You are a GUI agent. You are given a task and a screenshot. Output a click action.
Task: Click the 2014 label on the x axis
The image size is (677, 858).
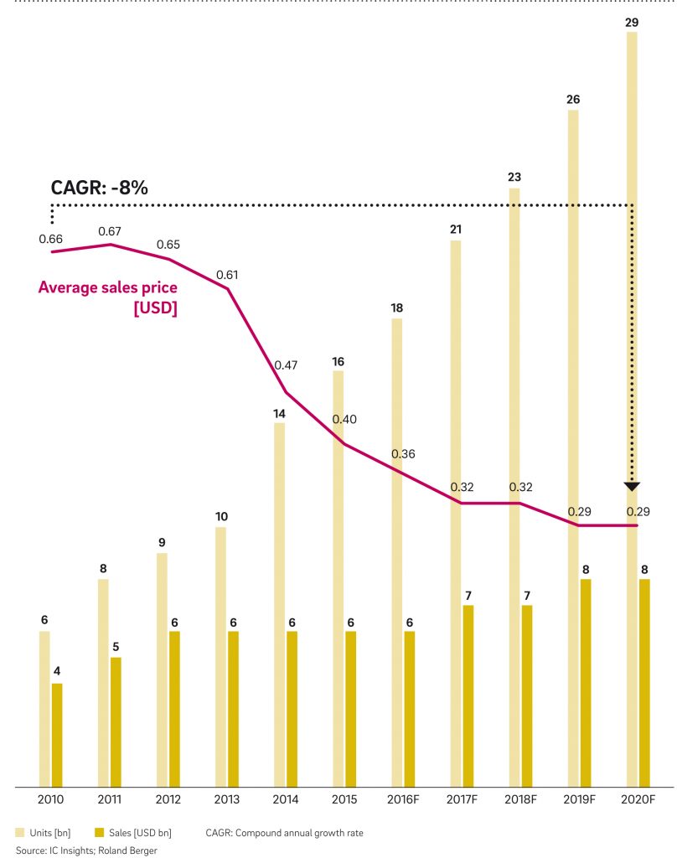[x=286, y=800]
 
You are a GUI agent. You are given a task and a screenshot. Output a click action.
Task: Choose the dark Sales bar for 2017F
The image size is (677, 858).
[x=468, y=695]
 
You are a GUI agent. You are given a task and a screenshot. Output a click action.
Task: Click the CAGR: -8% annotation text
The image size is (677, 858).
[x=100, y=188]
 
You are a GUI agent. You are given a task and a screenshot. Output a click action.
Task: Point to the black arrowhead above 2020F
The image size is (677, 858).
[x=632, y=486]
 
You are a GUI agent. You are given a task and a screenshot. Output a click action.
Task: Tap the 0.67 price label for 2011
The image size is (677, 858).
[x=111, y=231]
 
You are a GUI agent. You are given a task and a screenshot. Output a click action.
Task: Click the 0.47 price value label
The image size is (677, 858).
[x=287, y=365]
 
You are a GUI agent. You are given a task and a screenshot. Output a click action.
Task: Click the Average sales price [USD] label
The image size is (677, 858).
[x=108, y=297]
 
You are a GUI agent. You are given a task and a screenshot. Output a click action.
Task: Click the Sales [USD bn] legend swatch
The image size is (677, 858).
[x=99, y=833]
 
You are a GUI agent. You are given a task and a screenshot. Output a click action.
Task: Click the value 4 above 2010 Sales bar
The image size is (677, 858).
[x=57, y=672]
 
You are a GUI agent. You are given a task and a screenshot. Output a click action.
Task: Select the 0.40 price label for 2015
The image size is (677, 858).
[x=345, y=419]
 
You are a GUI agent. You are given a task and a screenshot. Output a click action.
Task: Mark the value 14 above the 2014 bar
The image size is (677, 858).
[x=280, y=413]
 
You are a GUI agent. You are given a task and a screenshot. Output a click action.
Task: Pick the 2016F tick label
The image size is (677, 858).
[x=403, y=800]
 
